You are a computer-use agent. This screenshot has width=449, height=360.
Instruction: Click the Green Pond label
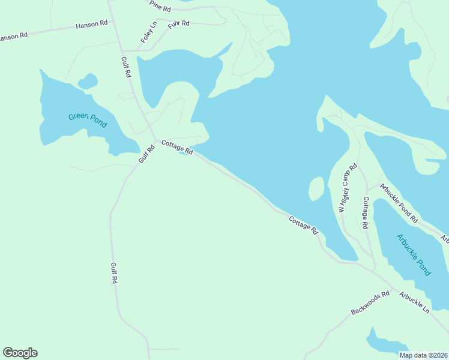pyautogui.click(x=87, y=120)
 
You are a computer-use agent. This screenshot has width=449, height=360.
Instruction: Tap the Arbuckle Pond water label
pyautogui.click(x=414, y=254)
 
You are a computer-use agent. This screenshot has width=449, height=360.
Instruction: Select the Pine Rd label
pyautogui.click(x=161, y=7)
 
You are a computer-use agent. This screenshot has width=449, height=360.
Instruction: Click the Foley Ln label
pyautogui.click(x=148, y=32)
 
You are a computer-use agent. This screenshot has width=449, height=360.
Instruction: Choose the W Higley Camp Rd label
pyautogui.click(x=348, y=188)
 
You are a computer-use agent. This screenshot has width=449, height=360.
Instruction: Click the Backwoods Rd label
pyautogui.click(x=370, y=302)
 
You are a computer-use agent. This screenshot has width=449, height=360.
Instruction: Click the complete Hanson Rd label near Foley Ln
pyautogui.click(x=91, y=25)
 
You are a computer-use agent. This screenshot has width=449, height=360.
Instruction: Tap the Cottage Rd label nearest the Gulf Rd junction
pyautogui.click(x=176, y=148)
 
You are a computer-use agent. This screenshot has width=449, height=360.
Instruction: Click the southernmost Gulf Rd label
pyautogui.click(x=113, y=273)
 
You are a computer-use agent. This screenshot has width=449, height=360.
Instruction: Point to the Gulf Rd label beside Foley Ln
pyautogui.click(x=126, y=67)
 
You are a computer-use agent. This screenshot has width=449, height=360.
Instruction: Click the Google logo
pyautogui.click(x=20, y=353)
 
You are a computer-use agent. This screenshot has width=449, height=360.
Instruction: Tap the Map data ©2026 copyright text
pyautogui.click(x=424, y=355)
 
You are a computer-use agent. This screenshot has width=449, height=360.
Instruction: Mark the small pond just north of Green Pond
pyautogui.click(x=88, y=80)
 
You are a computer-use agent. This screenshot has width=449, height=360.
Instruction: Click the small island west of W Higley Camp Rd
pyautogui.click(x=316, y=189)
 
